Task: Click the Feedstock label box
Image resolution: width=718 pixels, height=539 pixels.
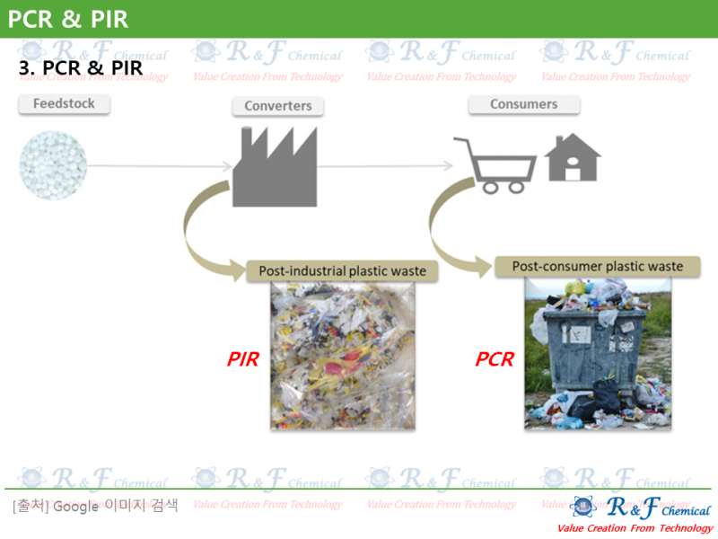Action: (64, 104)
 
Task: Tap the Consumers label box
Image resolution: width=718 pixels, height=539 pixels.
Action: (523, 104)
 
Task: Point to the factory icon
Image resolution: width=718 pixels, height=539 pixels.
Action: (275, 166)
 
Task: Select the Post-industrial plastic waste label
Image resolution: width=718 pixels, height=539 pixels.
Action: (342, 270)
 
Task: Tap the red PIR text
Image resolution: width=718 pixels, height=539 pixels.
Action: (242, 360)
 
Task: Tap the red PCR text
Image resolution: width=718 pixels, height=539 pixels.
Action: (495, 360)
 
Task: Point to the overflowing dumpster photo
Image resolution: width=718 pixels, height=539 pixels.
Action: (597, 352)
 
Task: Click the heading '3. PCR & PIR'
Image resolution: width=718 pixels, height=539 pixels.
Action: (81, 68)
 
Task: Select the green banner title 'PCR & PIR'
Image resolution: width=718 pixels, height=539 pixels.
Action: (68, 18)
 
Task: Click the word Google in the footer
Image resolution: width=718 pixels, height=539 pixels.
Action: (75, 506)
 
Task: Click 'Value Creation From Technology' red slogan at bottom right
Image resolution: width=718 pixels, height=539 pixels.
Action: (635, 528)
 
